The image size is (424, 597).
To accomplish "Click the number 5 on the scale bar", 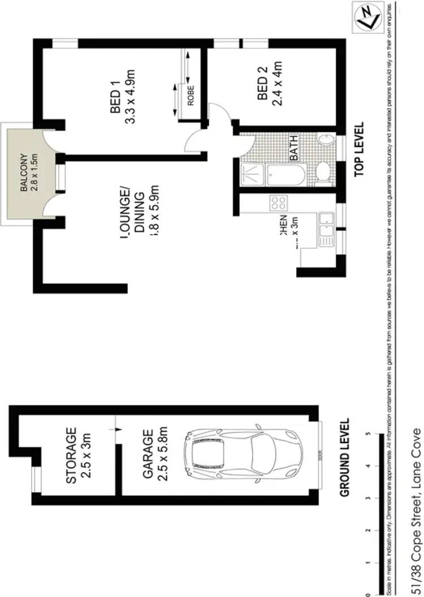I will [x=369, y=435].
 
